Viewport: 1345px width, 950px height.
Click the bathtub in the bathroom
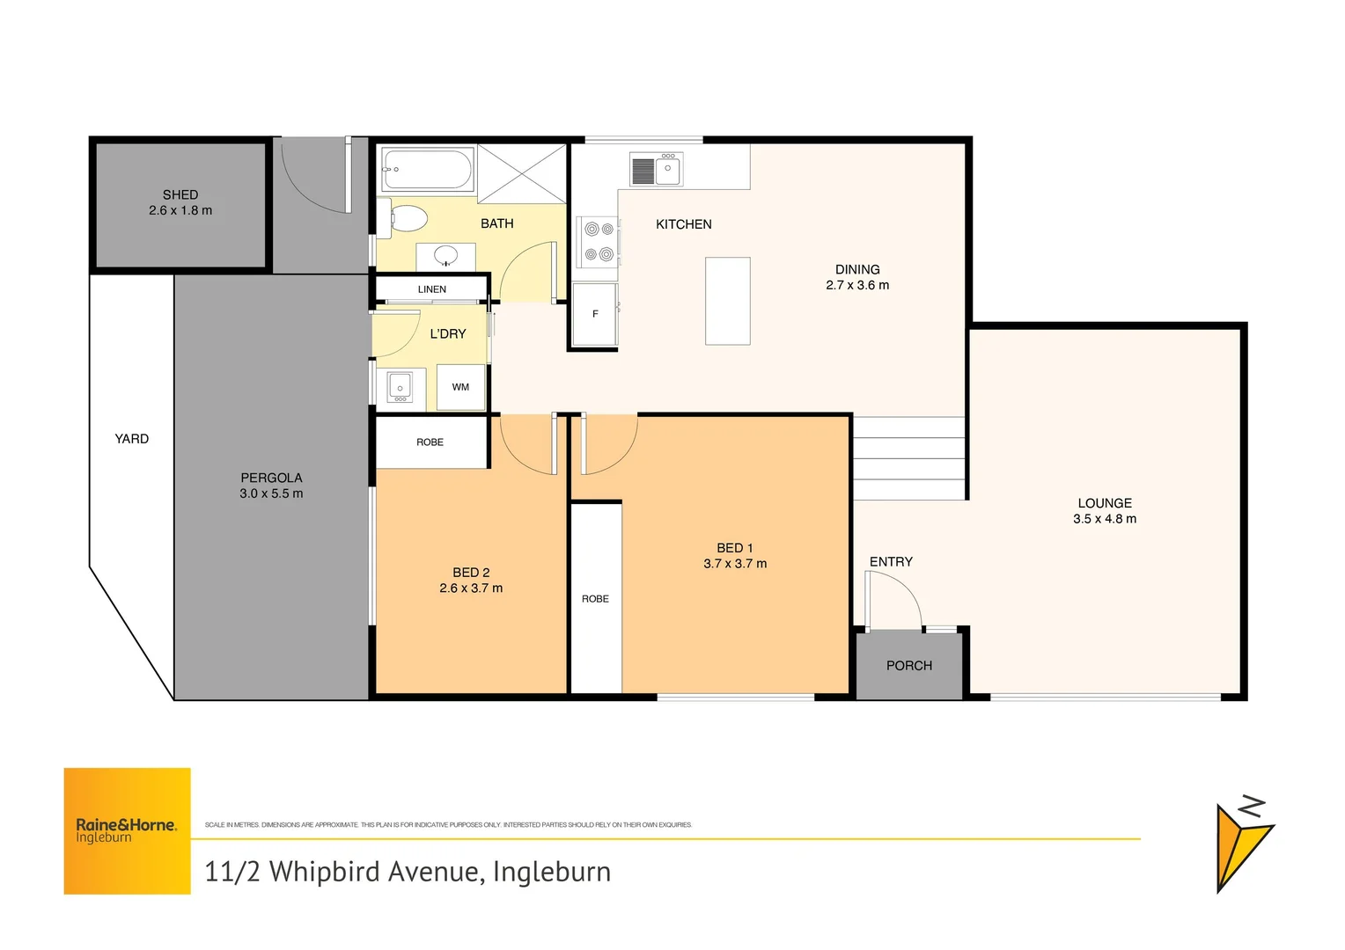[427, 169]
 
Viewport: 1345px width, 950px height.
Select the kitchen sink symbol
[657, 170]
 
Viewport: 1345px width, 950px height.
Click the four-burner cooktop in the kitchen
[599, 242]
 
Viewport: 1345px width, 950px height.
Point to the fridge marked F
[595, 314]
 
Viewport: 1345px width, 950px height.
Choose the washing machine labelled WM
[460, 387]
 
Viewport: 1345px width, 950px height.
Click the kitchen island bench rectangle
[728, 301]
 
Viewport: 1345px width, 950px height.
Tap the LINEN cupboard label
[432, 289]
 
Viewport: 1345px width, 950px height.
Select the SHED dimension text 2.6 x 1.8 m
[180, 211]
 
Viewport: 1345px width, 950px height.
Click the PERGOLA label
[271, 478]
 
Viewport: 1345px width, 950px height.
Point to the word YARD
[132, 439]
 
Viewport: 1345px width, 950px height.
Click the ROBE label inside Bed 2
[430, 442]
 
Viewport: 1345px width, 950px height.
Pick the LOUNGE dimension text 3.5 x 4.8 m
[1105, 519]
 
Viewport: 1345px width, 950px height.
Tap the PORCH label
[909, 666]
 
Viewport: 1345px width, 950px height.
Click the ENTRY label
[891, 562]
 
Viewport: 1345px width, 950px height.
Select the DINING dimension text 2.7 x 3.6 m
[857, 285]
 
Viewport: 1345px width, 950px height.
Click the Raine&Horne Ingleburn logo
[127, 831]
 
